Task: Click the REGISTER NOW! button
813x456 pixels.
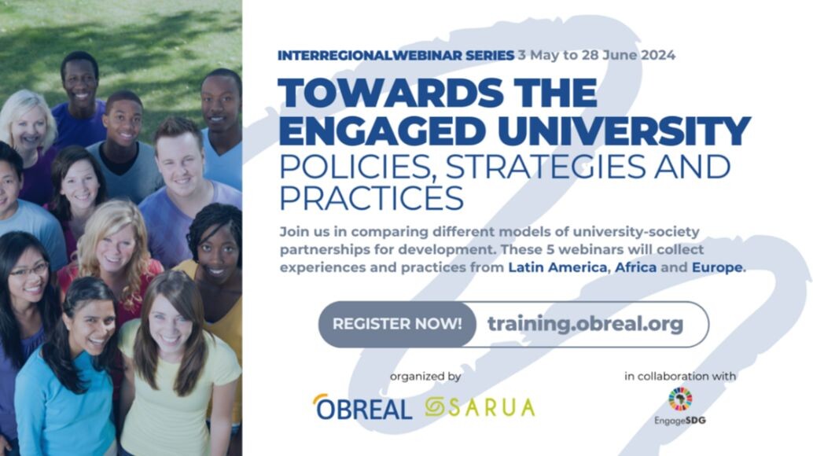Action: click(x=397, y=325)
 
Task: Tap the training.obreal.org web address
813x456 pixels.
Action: click(x=586, y=325)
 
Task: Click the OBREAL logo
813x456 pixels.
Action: click(x=362, y=406)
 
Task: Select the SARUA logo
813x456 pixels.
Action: click(x=480, y=407)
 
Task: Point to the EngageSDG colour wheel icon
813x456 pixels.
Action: click(x=680, y=399)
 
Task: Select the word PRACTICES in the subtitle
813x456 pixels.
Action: click(x=371, y=198)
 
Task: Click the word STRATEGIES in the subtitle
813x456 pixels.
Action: click(x=545, y=166)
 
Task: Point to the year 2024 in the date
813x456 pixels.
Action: click(x=658, y=55)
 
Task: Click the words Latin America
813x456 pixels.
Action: click(x=557, y=267)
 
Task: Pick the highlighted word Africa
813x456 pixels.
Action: click(x=635, y=267)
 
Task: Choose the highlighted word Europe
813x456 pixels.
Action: click(x=717, y=268)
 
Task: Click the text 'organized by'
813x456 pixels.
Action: click(x=425, y=377)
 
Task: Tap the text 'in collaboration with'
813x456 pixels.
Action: click(x=680, y=376)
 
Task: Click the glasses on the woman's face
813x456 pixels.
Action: click(x=30, y=270)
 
